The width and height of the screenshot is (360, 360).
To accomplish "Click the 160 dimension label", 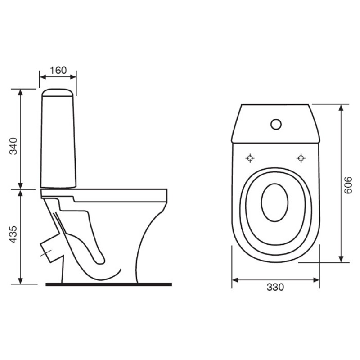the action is click(58, 70).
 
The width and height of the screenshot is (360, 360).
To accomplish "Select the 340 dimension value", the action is click(13, 146).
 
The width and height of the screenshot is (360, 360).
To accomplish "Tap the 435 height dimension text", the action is click(13, 234).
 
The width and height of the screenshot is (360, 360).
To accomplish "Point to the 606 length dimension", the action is click(348, 185).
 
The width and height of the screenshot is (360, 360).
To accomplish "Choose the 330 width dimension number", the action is click(275, 287).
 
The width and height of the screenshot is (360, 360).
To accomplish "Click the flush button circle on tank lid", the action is click(276, 124).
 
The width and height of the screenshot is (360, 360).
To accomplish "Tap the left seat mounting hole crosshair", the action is click(250, 158).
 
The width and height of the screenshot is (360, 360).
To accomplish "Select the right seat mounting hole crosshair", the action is click(301, 158).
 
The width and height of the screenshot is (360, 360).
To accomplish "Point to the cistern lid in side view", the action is click(58, 93).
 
